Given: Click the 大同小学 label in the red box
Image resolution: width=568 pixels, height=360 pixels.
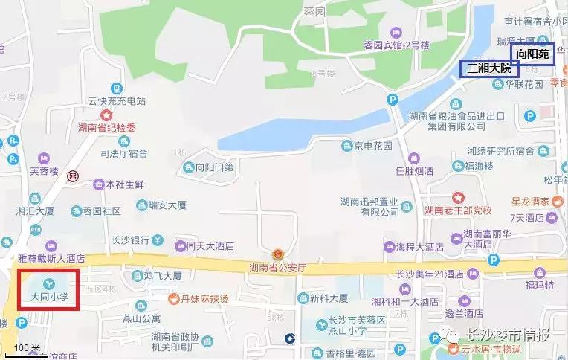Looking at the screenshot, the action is click(49, 296).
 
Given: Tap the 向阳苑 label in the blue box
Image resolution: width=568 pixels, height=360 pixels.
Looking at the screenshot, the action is click(532, 54).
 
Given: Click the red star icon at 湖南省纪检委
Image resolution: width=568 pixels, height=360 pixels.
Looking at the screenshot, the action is click(108, 116).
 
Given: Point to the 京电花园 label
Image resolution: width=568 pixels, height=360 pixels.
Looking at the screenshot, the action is click(373, 146).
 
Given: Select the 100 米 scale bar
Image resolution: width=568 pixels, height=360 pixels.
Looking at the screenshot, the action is click(27, 348).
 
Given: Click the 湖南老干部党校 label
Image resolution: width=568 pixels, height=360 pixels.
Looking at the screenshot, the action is click(459, 210).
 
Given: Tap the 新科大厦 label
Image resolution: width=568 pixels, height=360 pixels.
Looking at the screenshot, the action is click(329, 298).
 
